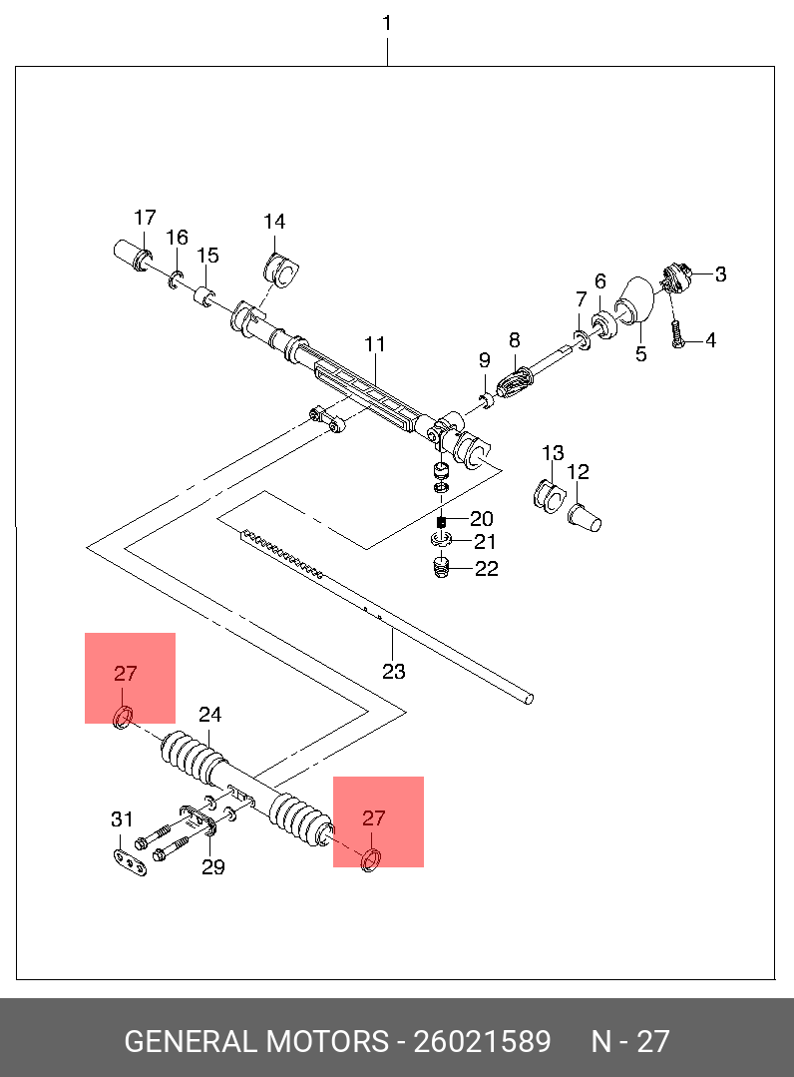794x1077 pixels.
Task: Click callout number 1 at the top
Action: [387, 23]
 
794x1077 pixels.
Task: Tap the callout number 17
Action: [145, 218]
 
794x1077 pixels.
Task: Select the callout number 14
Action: [274, 222]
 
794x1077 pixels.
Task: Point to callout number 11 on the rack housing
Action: [375, 343]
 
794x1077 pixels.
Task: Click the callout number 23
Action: [394, 671]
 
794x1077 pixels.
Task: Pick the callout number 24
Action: [210, 715]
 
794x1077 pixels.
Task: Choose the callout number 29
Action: [213, 866]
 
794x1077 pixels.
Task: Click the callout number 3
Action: [720, 274]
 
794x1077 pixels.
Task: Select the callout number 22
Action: [487, 568]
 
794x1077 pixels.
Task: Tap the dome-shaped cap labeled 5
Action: [634, 300]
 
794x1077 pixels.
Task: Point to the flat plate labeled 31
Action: [130, 863]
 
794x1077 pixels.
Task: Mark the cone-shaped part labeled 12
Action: [584, 517]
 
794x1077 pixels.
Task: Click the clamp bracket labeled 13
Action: [549, 497]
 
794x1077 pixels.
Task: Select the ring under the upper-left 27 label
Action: [122, 717]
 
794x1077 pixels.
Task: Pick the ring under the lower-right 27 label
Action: [371, 860]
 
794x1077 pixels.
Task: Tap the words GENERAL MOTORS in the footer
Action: [256, 1041]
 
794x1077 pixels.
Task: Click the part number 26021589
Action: [483, 1041]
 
